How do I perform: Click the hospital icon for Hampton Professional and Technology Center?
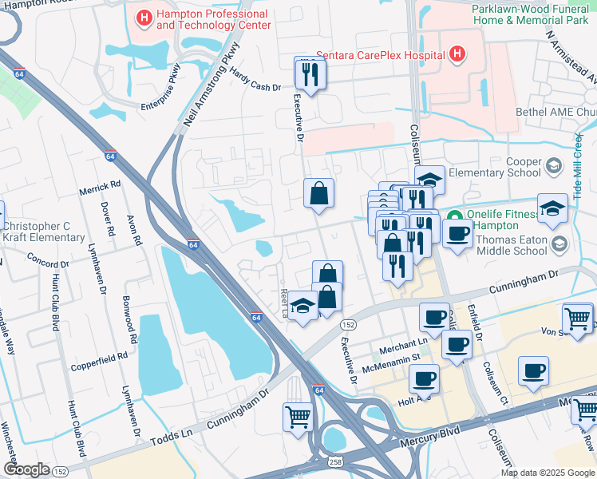tap(144, 17)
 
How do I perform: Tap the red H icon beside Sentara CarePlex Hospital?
tap(457, 54)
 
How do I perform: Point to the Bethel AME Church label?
tap(555, 113)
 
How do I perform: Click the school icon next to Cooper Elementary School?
tap(553, 167)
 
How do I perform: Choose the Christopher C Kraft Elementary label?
tap(44, 232)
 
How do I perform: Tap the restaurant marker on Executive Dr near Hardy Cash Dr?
tap(307, 74)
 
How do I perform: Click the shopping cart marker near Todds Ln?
tap(297, 416)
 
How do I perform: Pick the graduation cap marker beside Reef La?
tap(302, 307)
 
